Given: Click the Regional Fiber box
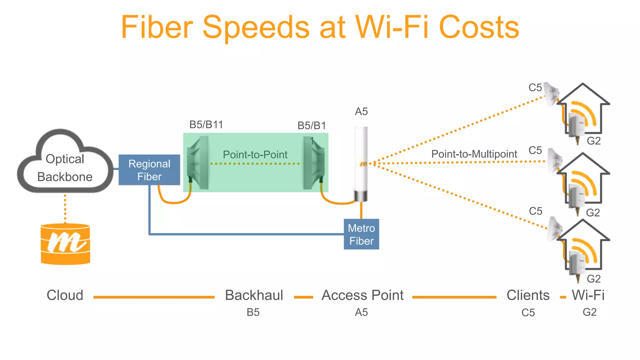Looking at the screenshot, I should click(149, 170).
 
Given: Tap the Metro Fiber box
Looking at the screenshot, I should click(361, 234).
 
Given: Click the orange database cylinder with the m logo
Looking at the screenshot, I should click(65, 244).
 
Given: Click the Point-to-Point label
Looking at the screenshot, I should click(255, 154).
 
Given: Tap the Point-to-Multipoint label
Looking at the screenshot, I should click(474, 154).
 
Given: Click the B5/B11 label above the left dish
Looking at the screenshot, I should click(206, 124).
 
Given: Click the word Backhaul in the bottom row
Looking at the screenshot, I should click(254, 295).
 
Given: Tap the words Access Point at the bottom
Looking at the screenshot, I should click(362, 295).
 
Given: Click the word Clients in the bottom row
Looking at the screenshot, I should click(528, 295).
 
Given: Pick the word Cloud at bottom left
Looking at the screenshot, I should click(65, 295).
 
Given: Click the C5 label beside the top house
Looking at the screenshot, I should click(535, 87).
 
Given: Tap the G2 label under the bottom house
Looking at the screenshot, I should click(593, 278).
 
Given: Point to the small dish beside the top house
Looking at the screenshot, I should click(552, 93).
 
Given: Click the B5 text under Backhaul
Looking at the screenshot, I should click(253, 312).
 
